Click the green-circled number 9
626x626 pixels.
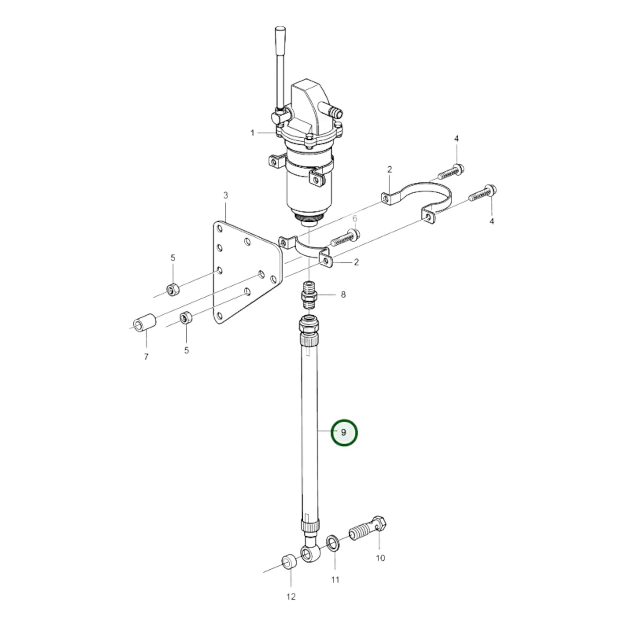[344, 433]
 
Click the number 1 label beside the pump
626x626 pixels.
[253, 133]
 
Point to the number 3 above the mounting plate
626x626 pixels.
[225, 196]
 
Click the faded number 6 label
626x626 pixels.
[354, 218]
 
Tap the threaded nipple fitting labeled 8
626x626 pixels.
[309, 295]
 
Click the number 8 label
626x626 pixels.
[343, 295]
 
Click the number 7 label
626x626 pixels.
[146, 357]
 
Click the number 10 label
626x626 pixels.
[380, 558]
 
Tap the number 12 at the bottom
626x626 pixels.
[291, 597]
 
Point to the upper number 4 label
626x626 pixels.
[456, 139]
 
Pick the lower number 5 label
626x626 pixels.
[186, 350]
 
